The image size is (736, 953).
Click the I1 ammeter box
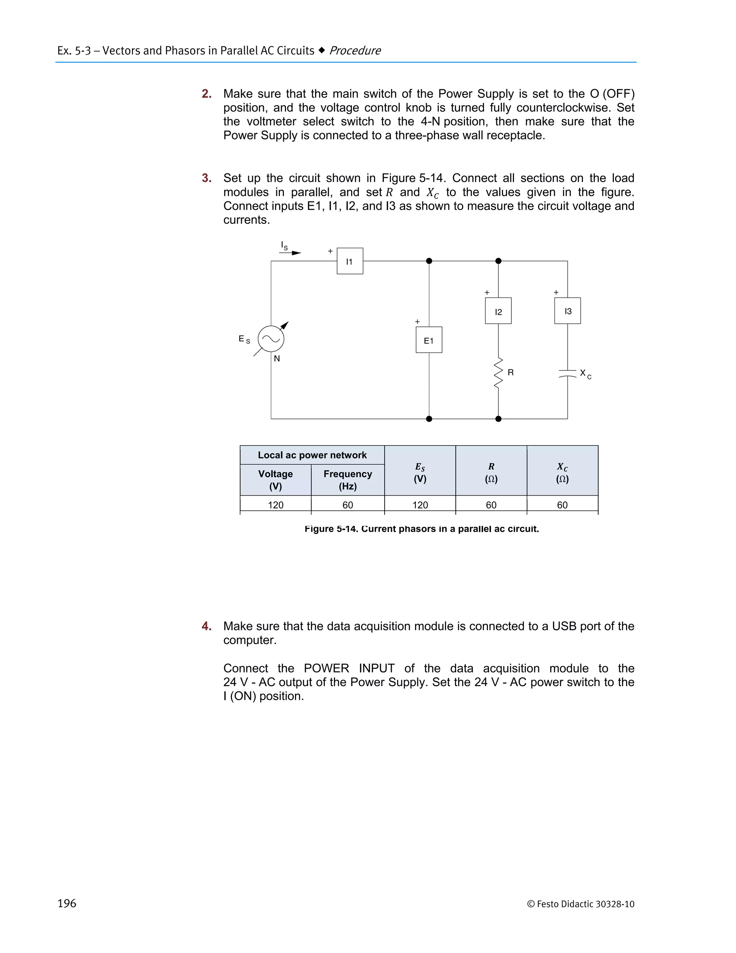pyautogui.click(x=350, y=261)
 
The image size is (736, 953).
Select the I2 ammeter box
pyautogui.click(x=498, y=311)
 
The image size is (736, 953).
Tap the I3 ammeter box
pyautogui.click(x=567, y=311)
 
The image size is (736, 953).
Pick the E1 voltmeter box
pyautogui.click(x=429, y=340)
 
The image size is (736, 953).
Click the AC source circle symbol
pyautogui.click(x=271, y=339)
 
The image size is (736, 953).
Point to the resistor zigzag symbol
pyautogui.click(x=498, y=372)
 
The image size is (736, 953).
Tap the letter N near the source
pyautogui.click(x=277, y=359)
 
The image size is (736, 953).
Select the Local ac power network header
pyautogui.click(x=312, y=455)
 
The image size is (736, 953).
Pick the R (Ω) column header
pyautogui.click(x=491, y=472)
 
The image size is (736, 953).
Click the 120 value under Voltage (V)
pyautogui.click(x=276, y=505)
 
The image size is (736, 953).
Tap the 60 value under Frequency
pyautogui.click(x=348, y=505)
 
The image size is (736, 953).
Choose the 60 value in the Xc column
pyautogui.click(x=562, y=505)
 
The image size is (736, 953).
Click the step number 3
pyautogui.click(x=206, y=178)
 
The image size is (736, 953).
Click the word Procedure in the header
pyautogui.click(x=355, y=51)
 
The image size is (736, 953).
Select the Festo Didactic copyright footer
pyautogui.click(x=580, y=904)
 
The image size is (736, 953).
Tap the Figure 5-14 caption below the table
pyautogui.click(x=422, y=529)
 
